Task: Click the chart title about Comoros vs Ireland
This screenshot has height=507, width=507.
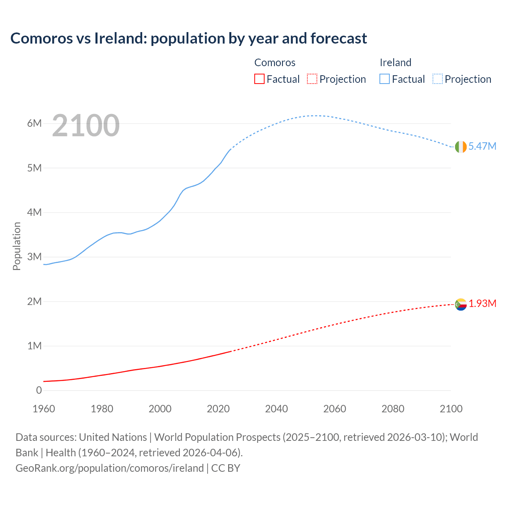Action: point(189,38)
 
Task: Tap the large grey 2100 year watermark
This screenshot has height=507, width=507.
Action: point(86,126)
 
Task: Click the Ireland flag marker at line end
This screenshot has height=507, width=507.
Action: point(461,147)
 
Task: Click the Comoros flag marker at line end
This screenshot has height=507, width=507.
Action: point(461,304)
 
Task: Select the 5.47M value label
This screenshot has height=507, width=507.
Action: point(482,146)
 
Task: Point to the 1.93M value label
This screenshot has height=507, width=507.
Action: point(482,303)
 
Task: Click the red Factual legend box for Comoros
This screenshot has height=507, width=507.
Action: point(259,79)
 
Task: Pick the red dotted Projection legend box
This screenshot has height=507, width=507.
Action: point(312,79)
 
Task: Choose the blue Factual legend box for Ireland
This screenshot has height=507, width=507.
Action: point(385,79)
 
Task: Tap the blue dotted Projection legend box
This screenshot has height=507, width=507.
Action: point(438,79)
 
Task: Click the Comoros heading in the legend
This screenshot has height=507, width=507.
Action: point(274,63)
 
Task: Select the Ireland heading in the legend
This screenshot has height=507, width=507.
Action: point(395,63)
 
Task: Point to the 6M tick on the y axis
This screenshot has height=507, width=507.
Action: point(34,123)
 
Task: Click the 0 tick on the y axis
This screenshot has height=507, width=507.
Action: point(39,390)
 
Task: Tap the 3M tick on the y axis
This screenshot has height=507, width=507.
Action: point(34,257)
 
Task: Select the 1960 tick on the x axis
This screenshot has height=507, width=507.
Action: point(44,409)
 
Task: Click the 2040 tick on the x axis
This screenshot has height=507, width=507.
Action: point(276,409)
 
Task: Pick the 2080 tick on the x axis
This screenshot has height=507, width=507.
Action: point(393,409)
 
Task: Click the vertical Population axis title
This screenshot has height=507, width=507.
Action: point(17,246)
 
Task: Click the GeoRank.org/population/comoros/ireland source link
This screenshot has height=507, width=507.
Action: point(110,468)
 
